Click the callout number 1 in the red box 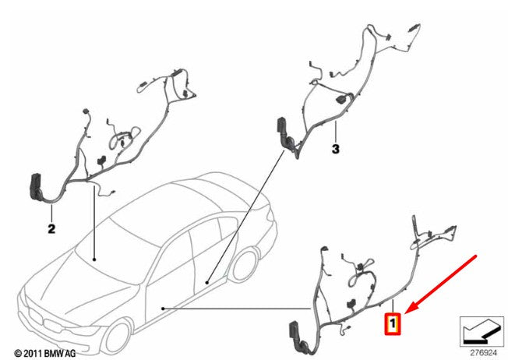(x=393, y=323)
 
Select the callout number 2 (x=51, y=229)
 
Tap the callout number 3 (x=336, y=149)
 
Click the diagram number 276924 (x=483, y=352)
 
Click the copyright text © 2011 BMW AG (x=45, y=353)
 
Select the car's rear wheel (x=245, y=264)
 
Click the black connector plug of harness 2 (x=35, y=188)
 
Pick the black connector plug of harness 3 (x=283, y=132)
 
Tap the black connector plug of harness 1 (x=295, y=335)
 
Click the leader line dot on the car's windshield (x=94, y=259)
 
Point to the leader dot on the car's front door (x=164, y=309)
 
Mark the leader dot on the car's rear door (x=207, y=283)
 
